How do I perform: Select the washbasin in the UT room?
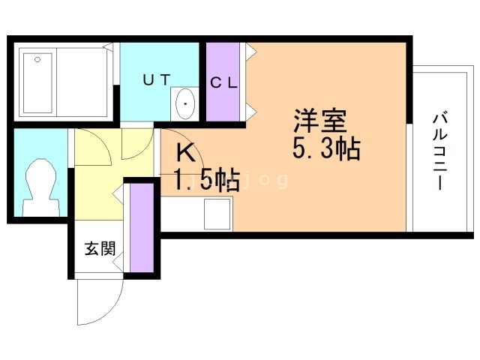(x=184, y=103)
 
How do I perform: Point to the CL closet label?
(x=223, y=83)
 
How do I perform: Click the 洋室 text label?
(x=318, y=120)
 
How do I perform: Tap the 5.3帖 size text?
(x=326, y=148)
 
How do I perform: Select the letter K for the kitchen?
(x=187, y=153)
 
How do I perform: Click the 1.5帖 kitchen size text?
(x=207, y=180)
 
